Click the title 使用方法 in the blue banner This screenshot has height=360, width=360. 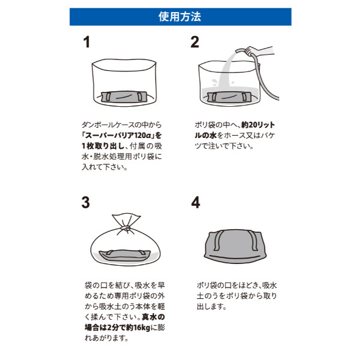coord(180,17)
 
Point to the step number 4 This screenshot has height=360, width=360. coord(195,202)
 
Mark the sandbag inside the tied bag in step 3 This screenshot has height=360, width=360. coord(125,256)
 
